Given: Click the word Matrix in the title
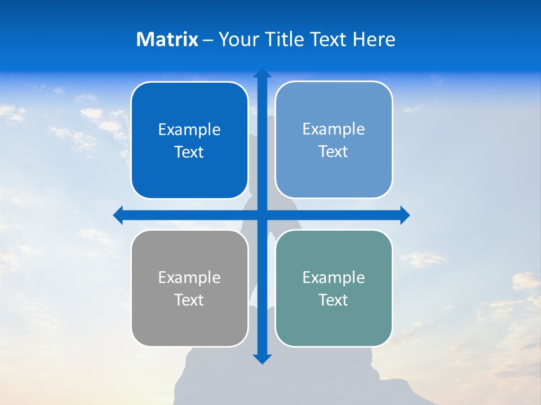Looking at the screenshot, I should coord(167,39).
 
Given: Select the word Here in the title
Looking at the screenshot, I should coord(374,39).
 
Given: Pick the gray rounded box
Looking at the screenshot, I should coord(189,326).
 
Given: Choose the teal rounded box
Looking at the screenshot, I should coord(334,326).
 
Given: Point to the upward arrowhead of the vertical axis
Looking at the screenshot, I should coord(262,73).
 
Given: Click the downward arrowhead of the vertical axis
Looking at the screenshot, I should coord(262,359).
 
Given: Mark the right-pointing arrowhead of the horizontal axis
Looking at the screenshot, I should coord(405,215).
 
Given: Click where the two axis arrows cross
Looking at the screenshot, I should coord(262,215).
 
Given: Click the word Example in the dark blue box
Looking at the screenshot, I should coord(189,130).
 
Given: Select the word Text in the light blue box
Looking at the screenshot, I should coord(334,152).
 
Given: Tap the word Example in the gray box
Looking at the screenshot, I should coord(189,278).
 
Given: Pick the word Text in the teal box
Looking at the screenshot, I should coord(334,300).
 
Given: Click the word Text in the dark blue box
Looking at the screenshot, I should coord(189,152).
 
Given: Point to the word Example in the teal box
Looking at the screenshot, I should coord(334,278).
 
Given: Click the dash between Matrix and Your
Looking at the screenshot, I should coord(208,40).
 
